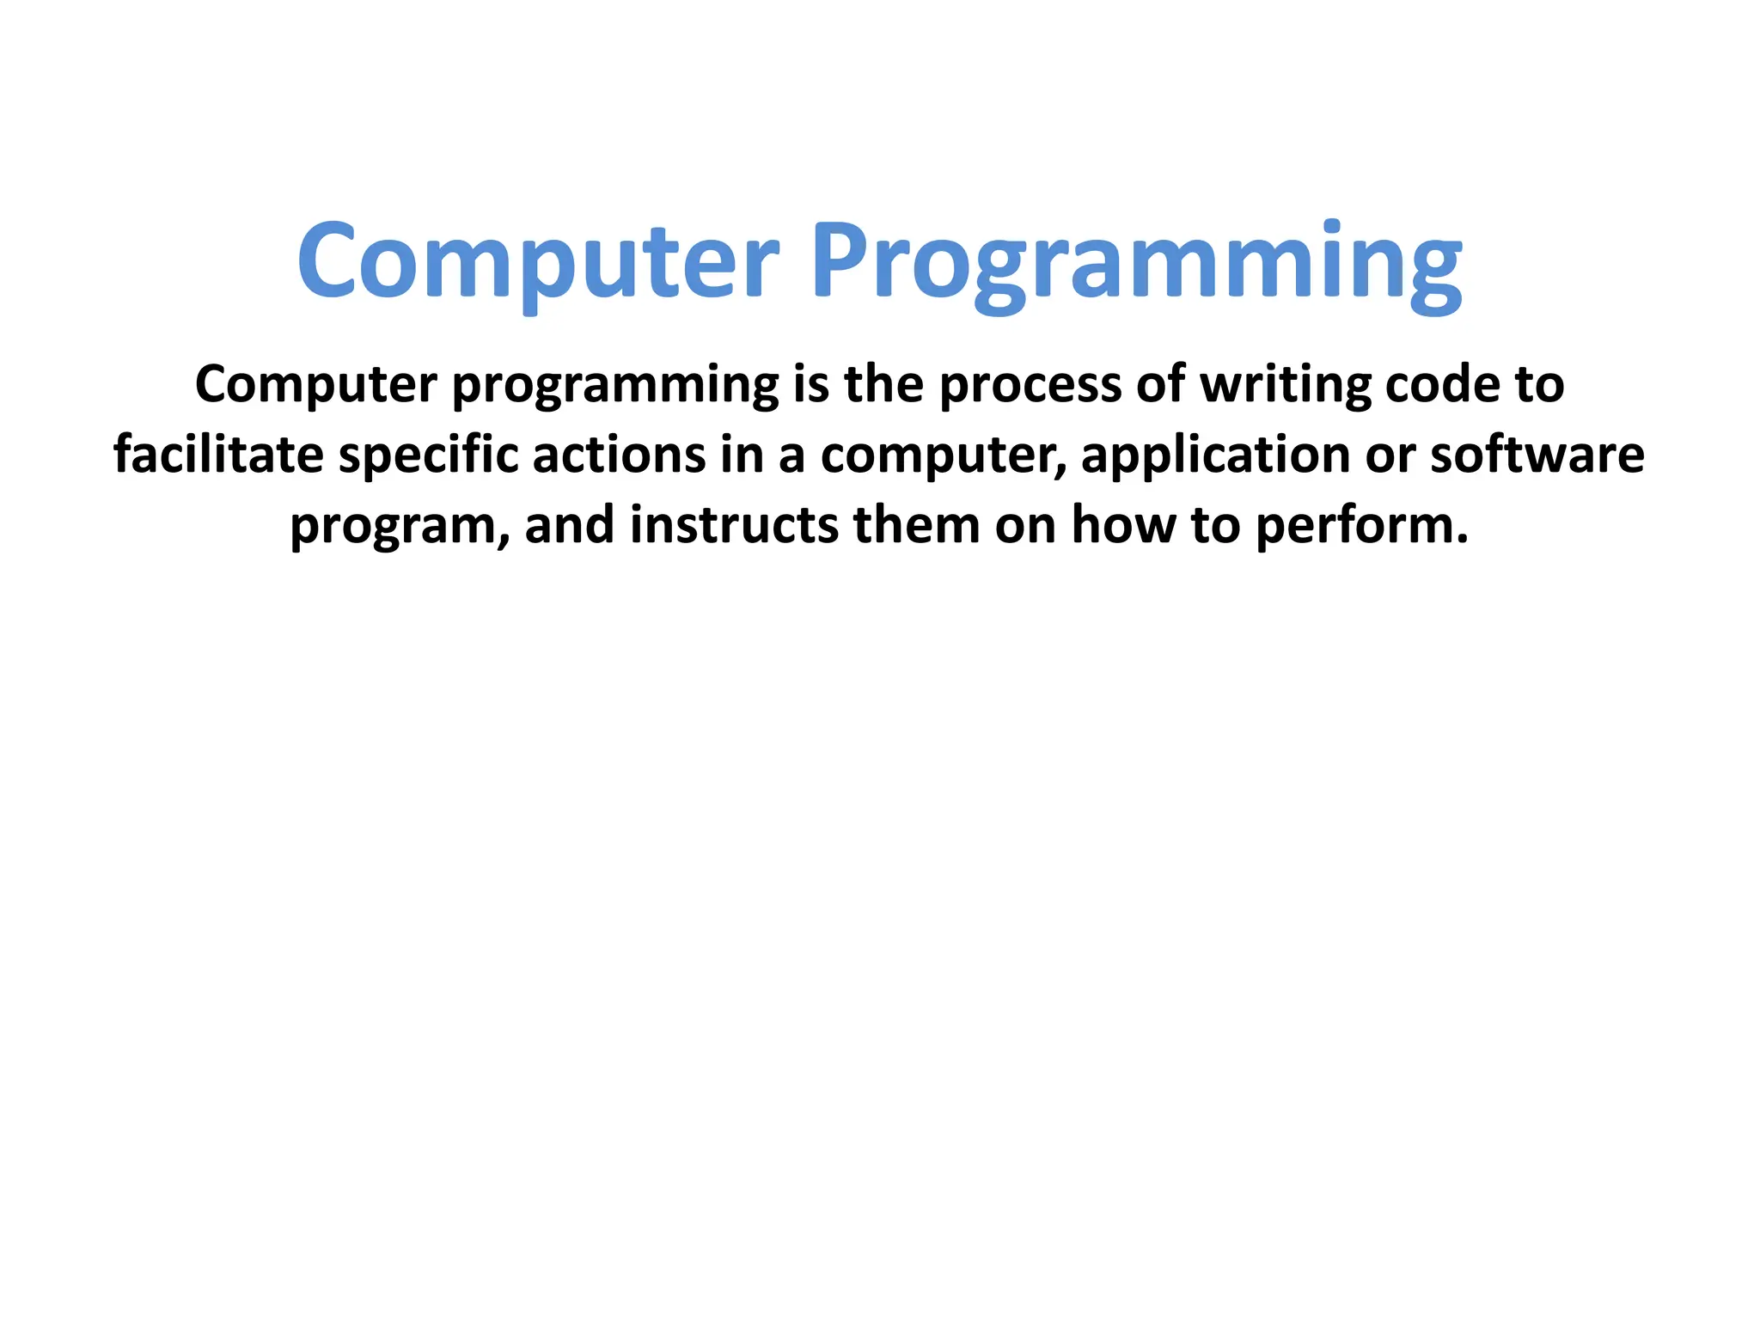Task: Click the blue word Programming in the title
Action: click(1136, 262)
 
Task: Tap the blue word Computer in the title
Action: click(538, 262)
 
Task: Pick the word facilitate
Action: click(218, 455)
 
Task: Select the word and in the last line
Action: click(569, 525)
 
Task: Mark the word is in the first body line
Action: click(810, 384)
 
